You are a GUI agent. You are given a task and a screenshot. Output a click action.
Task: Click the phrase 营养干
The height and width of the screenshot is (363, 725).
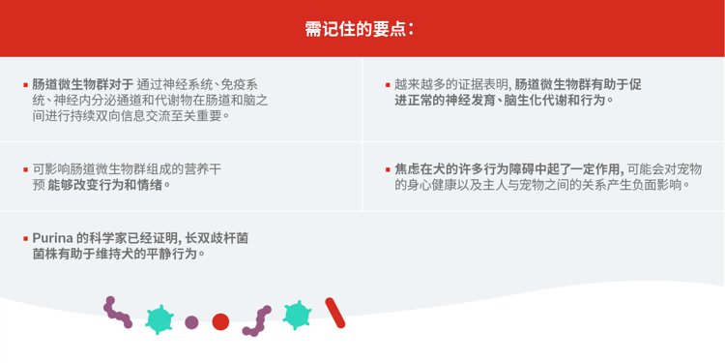click(x=206, y=168)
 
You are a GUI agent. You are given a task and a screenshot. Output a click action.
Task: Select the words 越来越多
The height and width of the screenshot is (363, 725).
click(x=419, y=84)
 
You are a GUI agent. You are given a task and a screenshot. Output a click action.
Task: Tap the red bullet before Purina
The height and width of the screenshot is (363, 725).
click(x=26, y=238)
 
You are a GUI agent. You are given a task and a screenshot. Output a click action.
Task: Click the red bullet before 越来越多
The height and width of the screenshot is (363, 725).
click(x=387, y=85)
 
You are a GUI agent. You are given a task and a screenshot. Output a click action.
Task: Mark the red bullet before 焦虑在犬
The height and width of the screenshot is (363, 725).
click(x=387, y=169)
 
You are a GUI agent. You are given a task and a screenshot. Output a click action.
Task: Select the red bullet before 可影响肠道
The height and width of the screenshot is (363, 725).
click(x=26, y=169)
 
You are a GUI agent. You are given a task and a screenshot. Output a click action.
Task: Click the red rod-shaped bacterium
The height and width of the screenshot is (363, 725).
click(x=334, y=312)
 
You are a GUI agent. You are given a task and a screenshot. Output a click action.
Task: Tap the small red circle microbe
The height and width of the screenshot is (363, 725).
click(x=220, y=321)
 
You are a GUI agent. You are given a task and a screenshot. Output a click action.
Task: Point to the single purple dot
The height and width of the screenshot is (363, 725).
click(x=191, y=322)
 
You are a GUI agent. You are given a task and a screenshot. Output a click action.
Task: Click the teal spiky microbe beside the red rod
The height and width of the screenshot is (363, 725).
click(x=297, y=315)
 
